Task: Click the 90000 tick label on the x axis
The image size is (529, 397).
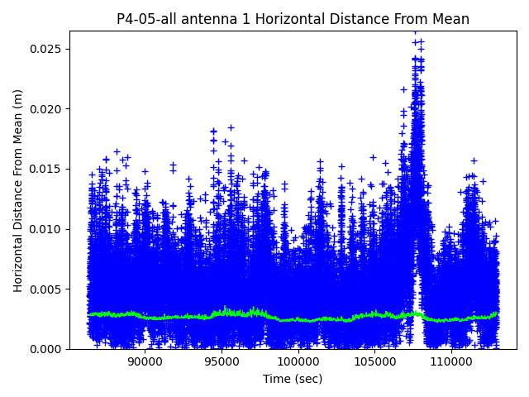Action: [145, 361]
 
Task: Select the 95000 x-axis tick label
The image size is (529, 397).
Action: [222, 361]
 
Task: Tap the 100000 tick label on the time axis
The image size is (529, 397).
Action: [298, 361]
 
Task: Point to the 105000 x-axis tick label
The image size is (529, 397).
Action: [374, 361]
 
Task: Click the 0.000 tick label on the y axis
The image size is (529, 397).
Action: [48, 349]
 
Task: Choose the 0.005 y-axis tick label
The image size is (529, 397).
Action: [48, 289]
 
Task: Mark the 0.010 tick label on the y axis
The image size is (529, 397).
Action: [48, 229]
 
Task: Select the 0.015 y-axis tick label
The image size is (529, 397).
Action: [48, 169]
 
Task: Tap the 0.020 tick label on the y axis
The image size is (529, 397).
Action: [48, 109]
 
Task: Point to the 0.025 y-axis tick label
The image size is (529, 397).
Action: [48, 49]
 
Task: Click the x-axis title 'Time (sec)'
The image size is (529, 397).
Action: [293, 379]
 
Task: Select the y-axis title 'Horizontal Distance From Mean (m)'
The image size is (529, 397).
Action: [18, 190]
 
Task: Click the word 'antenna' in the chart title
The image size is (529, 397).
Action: [207, 19]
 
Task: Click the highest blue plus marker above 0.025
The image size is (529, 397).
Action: [415, 32]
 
